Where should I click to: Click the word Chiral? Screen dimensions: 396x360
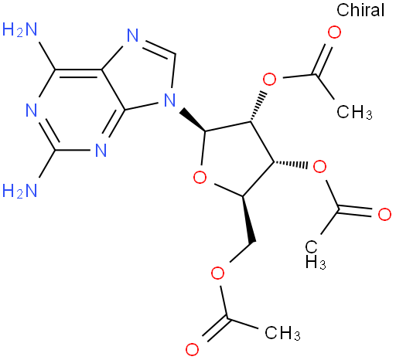pyautogui.click(x=360, y=10)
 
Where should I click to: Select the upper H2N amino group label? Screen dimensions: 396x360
pyautogui.click(x=19, y=29)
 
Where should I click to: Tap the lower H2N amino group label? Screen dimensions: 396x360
pyautogui.click(x=19, y=191)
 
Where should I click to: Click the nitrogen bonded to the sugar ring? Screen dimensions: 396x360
pyautogui.click(x=169, y=100)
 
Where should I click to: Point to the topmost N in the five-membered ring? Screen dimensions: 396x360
pyautogui.click(x=133, y=35)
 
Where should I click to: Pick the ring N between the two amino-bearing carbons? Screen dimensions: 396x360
pyautogui.click(x=32, y=110)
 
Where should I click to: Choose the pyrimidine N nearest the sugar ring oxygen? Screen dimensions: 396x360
pyautogui.click(x=101, y=151)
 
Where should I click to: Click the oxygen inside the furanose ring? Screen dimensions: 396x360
pyautogui.click(x=200, y=178)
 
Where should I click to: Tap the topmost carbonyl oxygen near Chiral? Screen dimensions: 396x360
pyautogui.click(x=334, y=32)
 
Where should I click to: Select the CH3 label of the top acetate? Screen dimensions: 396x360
pyautogui.click(x=354, y=112)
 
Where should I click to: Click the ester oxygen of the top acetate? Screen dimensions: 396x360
pyautogui.click(x=270, y=80)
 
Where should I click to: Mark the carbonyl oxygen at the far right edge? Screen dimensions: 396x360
pyautogui.click(x=384, y=214)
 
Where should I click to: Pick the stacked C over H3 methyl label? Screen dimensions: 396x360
pyautogui.click(x=315, y=255)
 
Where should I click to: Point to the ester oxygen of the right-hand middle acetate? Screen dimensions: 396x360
pyautogui.click(x=319, y=167)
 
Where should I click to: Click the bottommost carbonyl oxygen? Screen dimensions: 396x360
pyautogui.click(x=192, y=349)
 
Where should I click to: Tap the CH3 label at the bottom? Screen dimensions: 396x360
pyautogui.click(x=282, y=333)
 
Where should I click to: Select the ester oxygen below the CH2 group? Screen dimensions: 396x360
pyautogui.click(x=217, y=273)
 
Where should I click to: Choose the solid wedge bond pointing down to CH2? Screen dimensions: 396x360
pyautogui.click(x=248, y=219)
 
